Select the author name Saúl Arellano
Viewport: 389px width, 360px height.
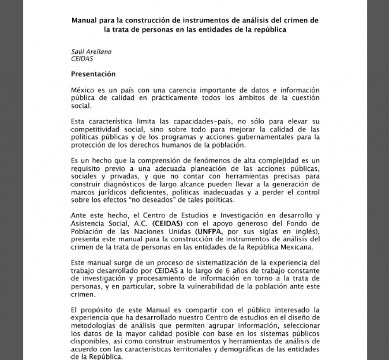click(91, 52)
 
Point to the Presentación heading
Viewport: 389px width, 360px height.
click(93, 74)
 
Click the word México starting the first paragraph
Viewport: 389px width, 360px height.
click(82, 90)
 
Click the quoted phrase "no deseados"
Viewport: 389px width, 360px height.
click(139, 200)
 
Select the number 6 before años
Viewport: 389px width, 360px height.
click(224, 270)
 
